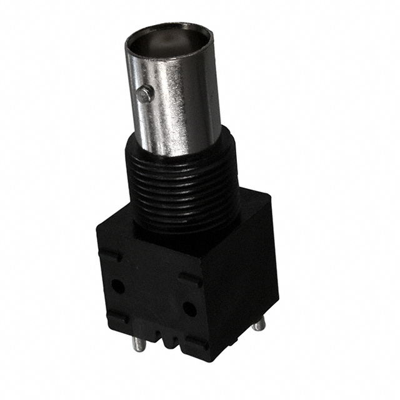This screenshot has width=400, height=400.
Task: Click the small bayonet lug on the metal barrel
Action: pyautogui.click(x=145, y=94)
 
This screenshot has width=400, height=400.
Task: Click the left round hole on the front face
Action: pyautogui.click(x=117, y=286)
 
